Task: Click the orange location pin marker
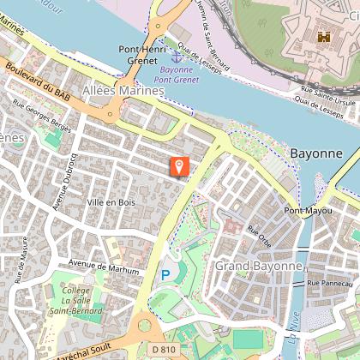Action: (179, 166)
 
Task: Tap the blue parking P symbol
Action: (165, 275)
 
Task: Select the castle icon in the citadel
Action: (324, 37)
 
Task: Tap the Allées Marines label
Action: (123, 90)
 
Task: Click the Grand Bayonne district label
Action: (259, 266)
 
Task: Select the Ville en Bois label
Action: (111, 202)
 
